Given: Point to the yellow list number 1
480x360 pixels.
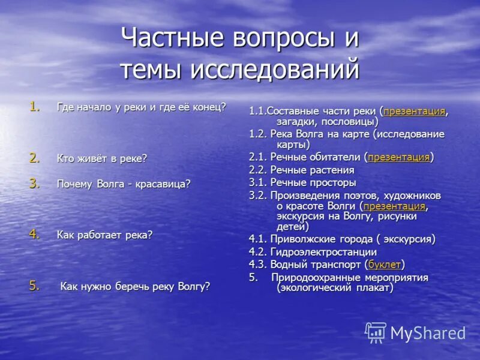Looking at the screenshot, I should pyautogui.click(x=35, y=107).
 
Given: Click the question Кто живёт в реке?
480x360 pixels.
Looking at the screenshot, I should pyautogui.click(x=101, y=159).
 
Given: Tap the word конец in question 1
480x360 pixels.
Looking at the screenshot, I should pyautogui.click(x=208, y=107).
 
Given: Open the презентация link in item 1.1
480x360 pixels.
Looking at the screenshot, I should pyautogui.click(x=414, y=112).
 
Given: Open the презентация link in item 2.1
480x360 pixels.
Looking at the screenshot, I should pyautogui.click(x=399, y=158).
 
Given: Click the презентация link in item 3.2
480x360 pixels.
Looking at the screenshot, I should pyautogui.click(x=394, y=206).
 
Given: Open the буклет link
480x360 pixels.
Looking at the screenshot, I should pyautogui.click(x=385, y=264).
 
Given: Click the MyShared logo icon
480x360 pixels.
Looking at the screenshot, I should pyautogui.click(x=376, y=332).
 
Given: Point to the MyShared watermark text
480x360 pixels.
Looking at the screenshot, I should pyautogui.click(x=428, y=334).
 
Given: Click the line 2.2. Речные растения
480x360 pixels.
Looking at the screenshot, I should pyautogui.click(x=301, y=170).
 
